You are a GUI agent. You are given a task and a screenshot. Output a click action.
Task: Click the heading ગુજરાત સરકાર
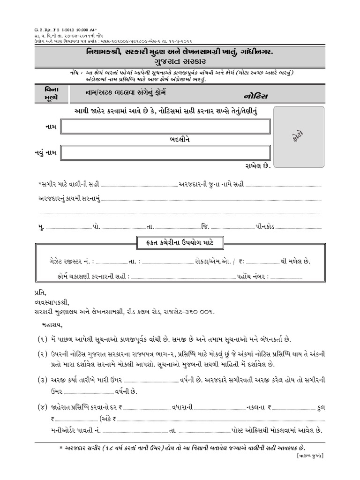point(180,61)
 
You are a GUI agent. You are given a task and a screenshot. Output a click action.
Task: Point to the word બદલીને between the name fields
point(180,140)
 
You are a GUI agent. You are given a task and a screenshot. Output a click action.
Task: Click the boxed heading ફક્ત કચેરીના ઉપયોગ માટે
point(180,242)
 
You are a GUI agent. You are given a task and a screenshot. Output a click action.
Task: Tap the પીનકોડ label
point(269,226)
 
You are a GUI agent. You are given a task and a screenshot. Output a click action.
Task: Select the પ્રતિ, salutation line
point(41,292)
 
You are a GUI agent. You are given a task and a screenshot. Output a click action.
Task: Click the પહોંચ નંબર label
point(253,277)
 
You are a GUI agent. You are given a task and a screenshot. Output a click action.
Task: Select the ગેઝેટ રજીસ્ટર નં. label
point(72,261)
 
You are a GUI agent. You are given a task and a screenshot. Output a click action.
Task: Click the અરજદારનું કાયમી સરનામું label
point(69,199)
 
